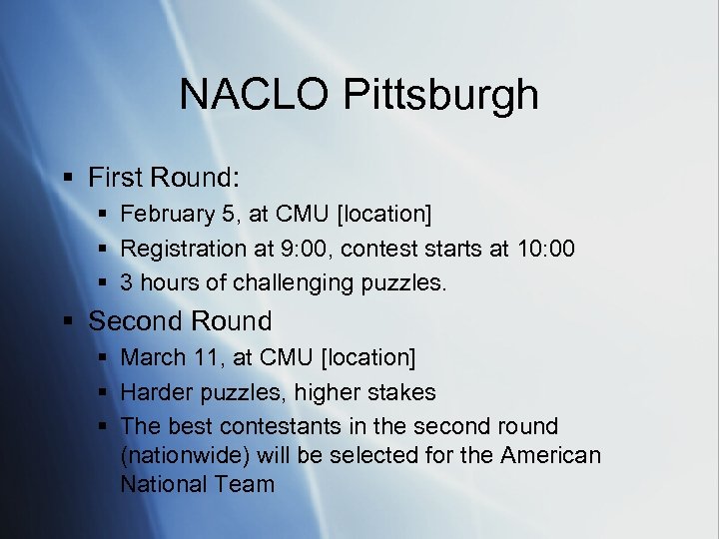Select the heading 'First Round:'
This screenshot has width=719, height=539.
point(164,178)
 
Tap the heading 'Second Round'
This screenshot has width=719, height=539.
point(180,321)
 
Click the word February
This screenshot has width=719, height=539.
point(167,214)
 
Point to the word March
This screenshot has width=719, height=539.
point(153,357)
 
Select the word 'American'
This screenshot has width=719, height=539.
point(552,456)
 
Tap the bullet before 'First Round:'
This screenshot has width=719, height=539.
point(68,179)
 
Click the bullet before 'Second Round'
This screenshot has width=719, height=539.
point(68,322)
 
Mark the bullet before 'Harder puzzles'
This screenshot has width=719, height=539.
point(103,392)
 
